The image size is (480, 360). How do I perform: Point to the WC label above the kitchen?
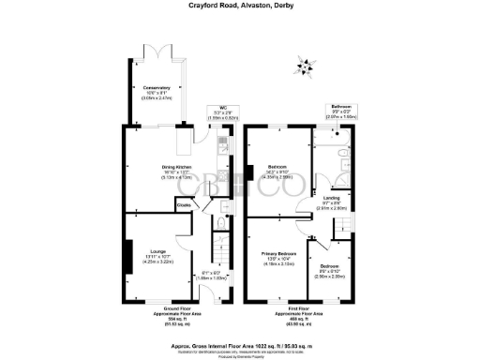pyautogui.click(x=223, y=108)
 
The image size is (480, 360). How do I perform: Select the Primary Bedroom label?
pyautogui.click(x=279, y=254)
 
